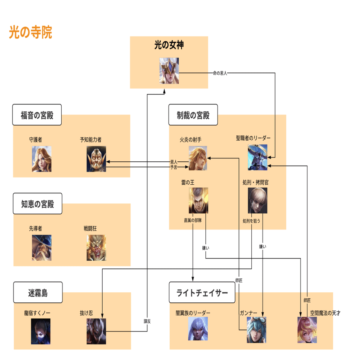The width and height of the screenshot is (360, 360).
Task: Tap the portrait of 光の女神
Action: point(169,71)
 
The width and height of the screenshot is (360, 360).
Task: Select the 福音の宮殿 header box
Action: point(37,115)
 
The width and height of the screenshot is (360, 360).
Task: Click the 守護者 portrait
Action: point(41,159)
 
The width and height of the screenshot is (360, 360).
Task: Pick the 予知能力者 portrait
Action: point(96,159)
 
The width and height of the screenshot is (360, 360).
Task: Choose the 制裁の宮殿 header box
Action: point(193,115)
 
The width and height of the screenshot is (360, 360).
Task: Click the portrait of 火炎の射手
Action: point(198,159)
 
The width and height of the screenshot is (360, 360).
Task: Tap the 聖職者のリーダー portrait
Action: point(258,158)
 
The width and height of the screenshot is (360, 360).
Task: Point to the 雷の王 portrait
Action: point(198,201)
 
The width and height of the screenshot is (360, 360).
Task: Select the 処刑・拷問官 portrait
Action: point(258,201)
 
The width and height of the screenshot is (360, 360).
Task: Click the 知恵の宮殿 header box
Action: point(37,204)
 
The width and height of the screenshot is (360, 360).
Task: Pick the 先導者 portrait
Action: point(41,248)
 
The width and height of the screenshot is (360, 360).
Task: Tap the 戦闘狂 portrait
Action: point(96,248)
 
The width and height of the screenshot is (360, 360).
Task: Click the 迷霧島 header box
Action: point(38,292)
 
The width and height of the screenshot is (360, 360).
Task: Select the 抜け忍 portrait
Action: point(96,331)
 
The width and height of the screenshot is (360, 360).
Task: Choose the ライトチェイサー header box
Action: point(202,292)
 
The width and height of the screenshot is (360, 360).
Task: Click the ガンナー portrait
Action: point(257,330)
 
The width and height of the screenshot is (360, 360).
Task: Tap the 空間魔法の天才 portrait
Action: point(307,330)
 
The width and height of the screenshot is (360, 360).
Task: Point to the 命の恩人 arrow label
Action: point(220,73)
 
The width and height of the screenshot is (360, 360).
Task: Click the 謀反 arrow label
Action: point(147,321)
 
